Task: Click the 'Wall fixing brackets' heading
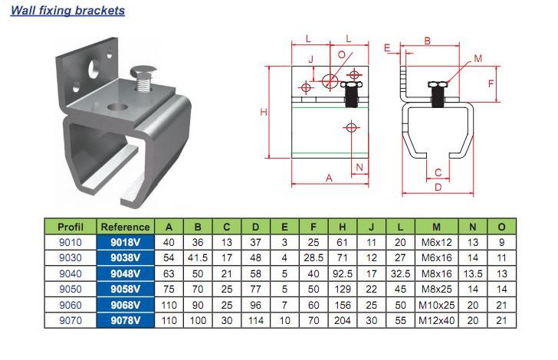tap(67, 10)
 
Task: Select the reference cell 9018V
tap(125, 242)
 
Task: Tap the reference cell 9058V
tap(125, 289)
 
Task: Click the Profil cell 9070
tap(71, 320)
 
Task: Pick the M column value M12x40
tap(437, 320)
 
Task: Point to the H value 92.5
tap(343, 273)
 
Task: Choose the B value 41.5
tap(198, 258)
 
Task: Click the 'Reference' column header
tap(125, 227)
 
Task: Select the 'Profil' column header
tap(71, 227)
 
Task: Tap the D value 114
tap(256, 320)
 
